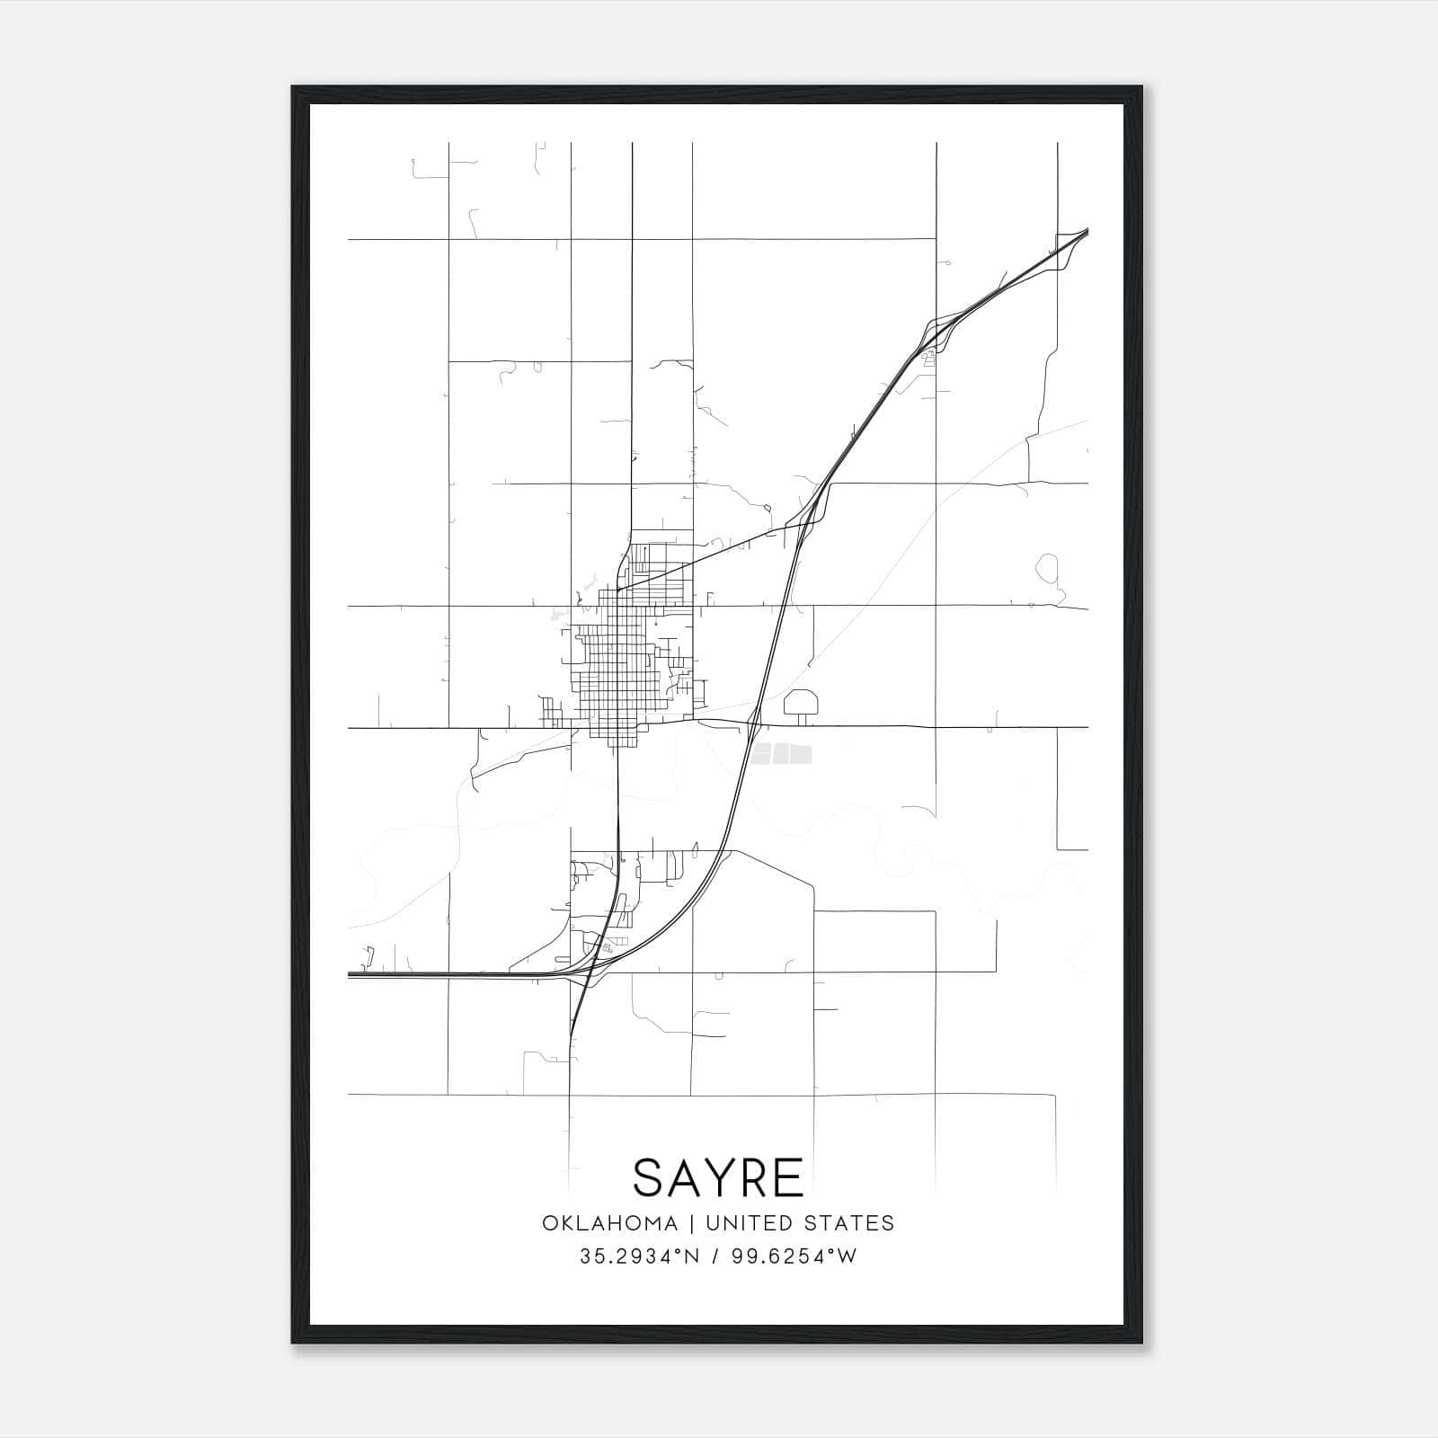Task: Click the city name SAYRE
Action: [x=718, y=1178]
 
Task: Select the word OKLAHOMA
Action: [x=609, y=1223]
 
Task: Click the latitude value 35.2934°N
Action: [x=639, y=1256]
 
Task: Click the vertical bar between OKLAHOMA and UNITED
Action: [x=692, y=1223]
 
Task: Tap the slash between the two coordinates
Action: [x=714, y=1256]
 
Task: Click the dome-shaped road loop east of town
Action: [x=801, y=701]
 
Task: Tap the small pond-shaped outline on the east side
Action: [x=1048, y=568]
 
